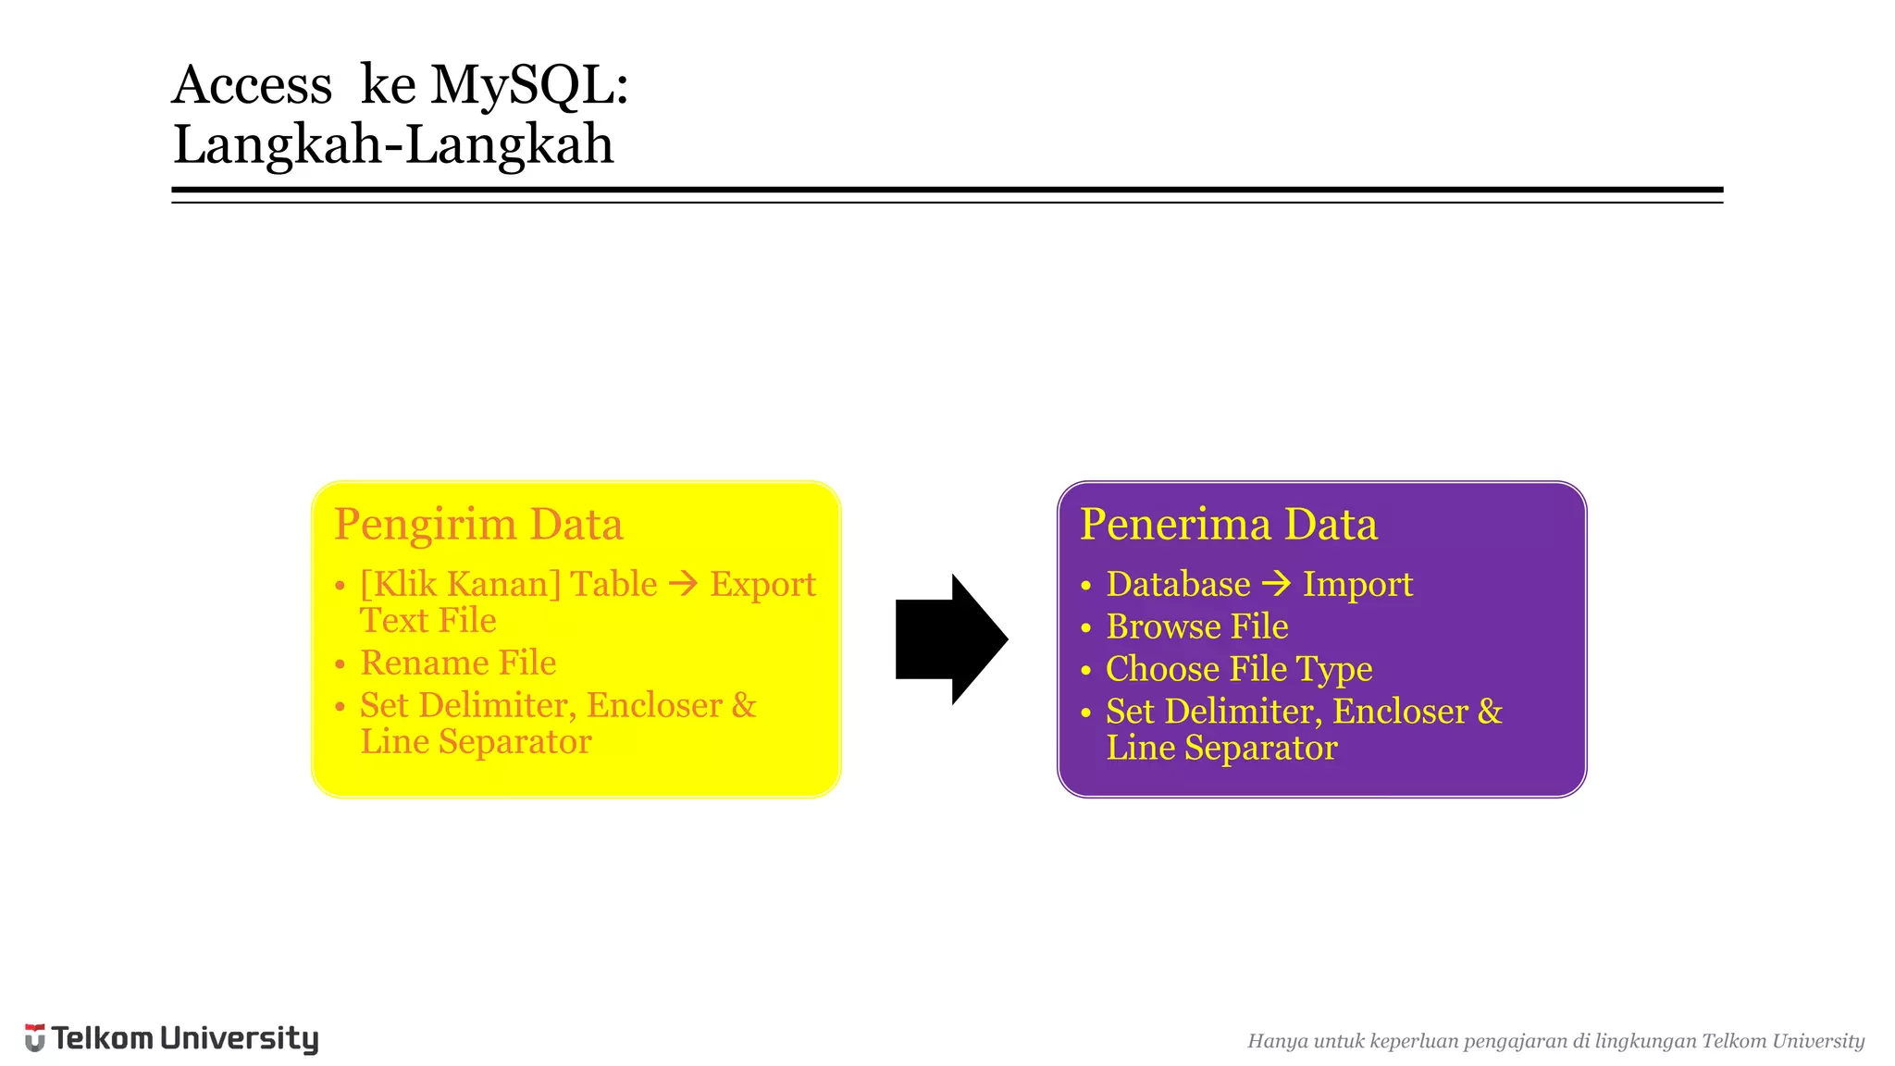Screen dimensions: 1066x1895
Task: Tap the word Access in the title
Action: coord(252,85)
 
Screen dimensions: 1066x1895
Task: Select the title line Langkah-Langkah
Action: coord(393,145)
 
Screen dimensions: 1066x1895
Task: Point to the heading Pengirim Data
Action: coord(478,524)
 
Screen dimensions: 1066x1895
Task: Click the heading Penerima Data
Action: coord(1228,524)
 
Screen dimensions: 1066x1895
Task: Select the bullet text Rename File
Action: coord(458,663)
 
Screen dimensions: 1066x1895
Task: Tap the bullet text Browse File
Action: coord(1196,626)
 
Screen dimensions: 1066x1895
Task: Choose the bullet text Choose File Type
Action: coord(1238,669)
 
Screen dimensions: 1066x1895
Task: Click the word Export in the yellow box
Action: coord(762,585)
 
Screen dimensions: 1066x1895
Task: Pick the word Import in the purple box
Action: coord(1357,585)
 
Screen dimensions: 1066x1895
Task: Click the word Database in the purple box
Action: coord(1178,585)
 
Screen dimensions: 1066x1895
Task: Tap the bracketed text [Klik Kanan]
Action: coord(460,585)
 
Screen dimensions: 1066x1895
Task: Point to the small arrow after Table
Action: coord(684,584)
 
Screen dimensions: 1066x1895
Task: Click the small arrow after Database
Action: coord(1277,584)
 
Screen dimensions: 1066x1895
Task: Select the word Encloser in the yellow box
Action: coord(654,705)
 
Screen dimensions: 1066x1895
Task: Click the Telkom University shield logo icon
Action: coord(34,1037)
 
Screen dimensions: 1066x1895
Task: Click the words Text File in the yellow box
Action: coord(427,621)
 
